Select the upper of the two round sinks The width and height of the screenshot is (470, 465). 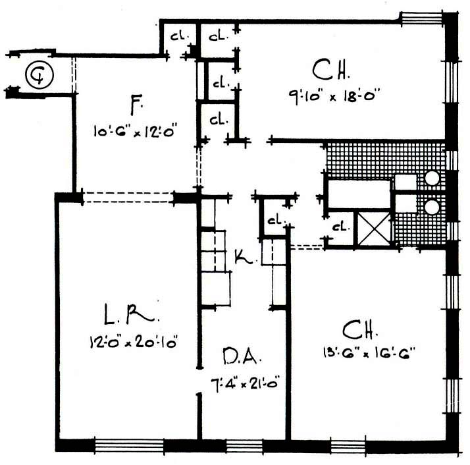point(432,179)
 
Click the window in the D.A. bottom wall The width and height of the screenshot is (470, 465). point(244,446)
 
